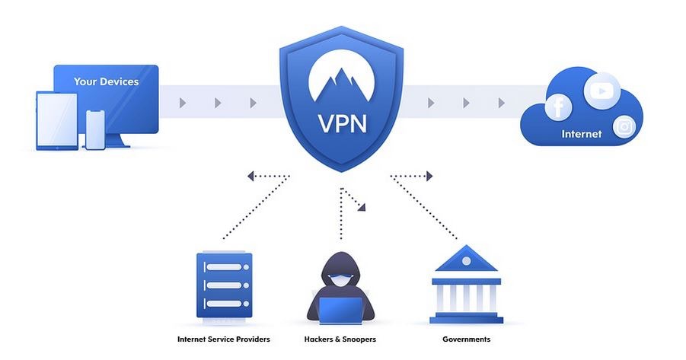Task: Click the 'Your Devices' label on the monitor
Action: (x=106, y=81)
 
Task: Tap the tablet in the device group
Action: (x=57, y=121)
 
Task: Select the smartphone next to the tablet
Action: (x=95, y=130)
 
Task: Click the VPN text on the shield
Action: (x=342, y=124)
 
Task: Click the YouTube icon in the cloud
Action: (x=602, y=91)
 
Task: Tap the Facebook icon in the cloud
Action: (x=558, y=107)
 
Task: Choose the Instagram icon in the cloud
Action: (x=624, y=127)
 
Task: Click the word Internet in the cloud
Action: (x=582, y=134)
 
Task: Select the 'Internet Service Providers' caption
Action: (x=224, y=339)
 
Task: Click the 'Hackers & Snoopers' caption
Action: (x=340, y=339)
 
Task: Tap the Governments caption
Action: (x=467, y=339)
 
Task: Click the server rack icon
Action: (x=225, y=286)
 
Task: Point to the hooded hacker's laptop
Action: (x=341, y=311)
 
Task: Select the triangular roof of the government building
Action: (x=467, y=258)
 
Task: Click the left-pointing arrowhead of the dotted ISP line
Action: (x=250, y=177)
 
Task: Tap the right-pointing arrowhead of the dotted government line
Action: (x=429, y=177)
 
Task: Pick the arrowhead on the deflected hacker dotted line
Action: (x=362, y=207)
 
